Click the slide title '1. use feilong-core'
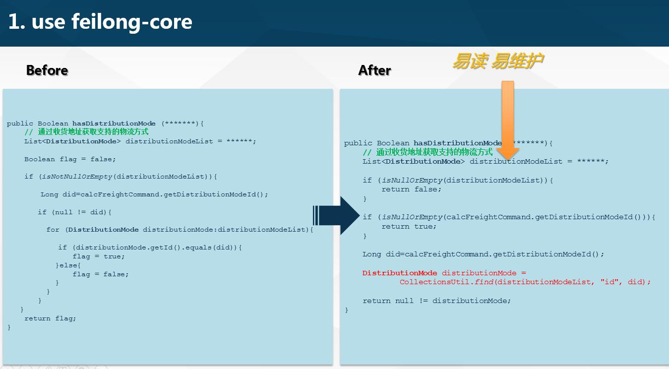pos(100,22)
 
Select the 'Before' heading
pos(47,70)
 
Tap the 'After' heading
pos(374,70)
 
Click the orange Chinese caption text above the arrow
pos(497,61)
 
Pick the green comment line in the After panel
pos(427,152)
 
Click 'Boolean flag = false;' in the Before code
pos(70,159)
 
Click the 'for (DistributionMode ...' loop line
pos(180,230)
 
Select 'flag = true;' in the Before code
pos(99,256)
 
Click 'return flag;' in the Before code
pos(50,318)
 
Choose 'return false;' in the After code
pos(411,189)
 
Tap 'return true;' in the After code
pos(409,226)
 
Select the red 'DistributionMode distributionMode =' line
pos(444,273)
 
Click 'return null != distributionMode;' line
pos(436,301)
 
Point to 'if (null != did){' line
pos(74,212)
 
